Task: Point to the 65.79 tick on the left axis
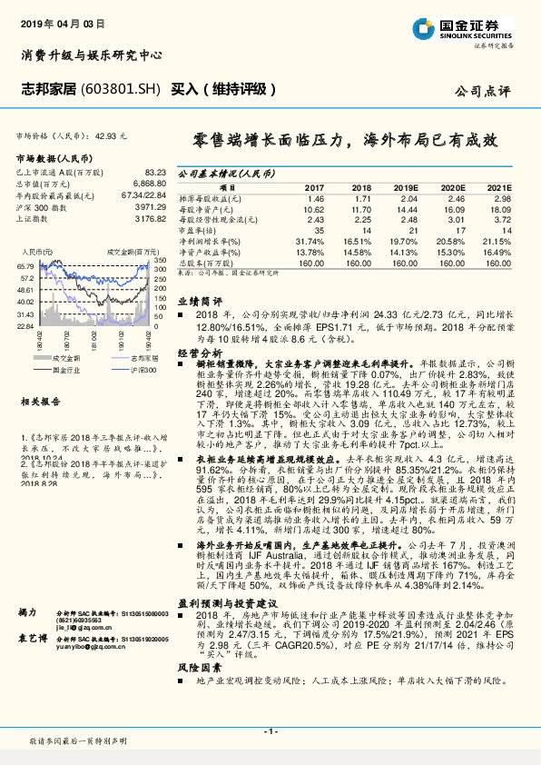(x=25, y=264)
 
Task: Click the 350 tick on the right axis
(x=158, y=260)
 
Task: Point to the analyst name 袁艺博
(x=30, y=664)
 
